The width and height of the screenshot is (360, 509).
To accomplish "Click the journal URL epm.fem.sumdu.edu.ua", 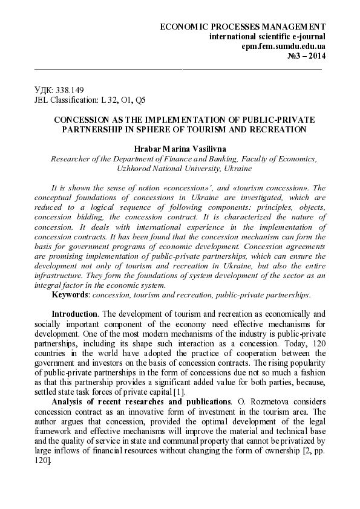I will pyautogui.click(x=283, y=47).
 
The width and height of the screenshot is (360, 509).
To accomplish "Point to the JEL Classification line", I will pyautogui.click(x=90, y=100).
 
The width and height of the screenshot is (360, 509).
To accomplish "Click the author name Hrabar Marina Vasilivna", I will pyautogui.click(x=179, y=148).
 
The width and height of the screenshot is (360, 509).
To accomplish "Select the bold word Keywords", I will pyautogui.click(x=70, y=294).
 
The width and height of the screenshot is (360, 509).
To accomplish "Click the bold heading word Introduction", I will pyautogui.click(x=74, y=314).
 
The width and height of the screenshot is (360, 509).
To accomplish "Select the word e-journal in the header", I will pyautogui.click(x=304, y=37).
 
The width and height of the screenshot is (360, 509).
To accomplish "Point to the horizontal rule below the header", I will pyautogui.click(x=179, y=70).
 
